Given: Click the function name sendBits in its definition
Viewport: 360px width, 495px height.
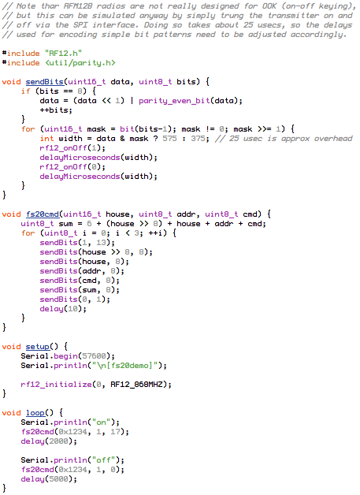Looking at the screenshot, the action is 45,82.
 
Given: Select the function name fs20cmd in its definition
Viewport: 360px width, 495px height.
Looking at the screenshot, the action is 43,214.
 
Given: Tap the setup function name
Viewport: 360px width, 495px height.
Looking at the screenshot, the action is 38,347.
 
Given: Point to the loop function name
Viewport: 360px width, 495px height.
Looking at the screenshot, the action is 35,413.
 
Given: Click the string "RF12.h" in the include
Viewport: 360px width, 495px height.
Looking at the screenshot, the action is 64,54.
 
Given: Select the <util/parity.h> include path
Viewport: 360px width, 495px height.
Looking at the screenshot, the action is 80,63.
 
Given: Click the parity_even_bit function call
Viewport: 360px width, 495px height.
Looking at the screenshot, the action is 174,101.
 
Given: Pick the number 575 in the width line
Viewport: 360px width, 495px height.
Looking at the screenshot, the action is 169,139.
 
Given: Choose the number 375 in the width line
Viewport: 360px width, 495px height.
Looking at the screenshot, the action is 198,139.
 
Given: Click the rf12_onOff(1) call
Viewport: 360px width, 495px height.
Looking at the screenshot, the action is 72,148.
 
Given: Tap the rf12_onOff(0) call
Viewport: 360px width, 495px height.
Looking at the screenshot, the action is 72,167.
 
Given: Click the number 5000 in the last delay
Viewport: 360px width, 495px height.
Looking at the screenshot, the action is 58,479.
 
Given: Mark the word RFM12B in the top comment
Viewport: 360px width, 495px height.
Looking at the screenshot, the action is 75,6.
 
